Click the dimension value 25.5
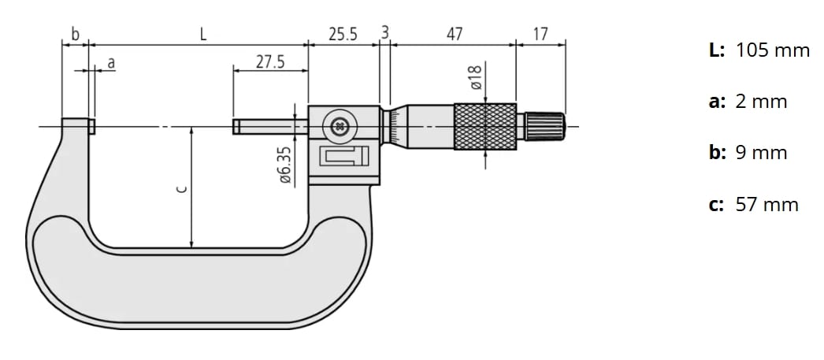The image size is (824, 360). (x=343, y=34)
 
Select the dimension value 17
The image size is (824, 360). (x=540, y=34)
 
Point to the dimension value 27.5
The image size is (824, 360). (x=270, y=61)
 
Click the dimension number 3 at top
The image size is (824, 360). (x=384, y=32)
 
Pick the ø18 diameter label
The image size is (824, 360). (x=474, y=79)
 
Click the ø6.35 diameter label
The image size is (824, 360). (x=285, y=164)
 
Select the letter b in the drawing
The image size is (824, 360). (x=75, y=34)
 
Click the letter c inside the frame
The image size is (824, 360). (x=180, y=188)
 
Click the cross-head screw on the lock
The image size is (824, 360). (x=340, y=125)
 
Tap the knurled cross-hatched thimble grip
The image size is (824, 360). (x=484, y=126)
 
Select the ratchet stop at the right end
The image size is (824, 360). (x=545, y=126)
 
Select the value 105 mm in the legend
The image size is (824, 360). (x=772, y=51)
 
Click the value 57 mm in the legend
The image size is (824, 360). (x=766, y=205)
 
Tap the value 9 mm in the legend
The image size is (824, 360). (x=761, y=154)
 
